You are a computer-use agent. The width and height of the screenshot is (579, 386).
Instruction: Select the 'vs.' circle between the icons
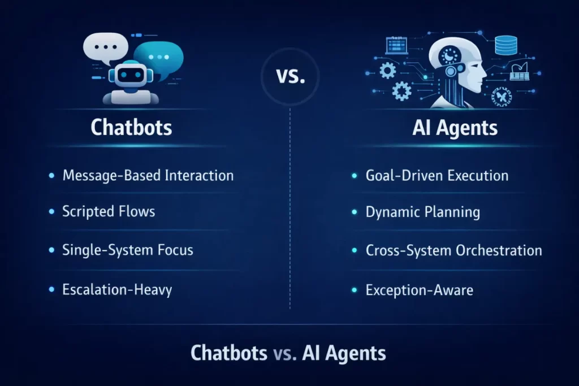point(290,76)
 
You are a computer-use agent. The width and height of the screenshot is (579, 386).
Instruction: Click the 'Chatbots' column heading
point(131,127)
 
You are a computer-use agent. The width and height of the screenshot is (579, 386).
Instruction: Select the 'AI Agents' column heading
point(455,128)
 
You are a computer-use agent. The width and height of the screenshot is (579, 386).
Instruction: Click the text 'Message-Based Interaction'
point(148,175)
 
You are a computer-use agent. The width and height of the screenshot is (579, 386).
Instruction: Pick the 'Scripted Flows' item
point(109,212)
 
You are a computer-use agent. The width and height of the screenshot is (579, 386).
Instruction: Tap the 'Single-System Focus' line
point(127,250)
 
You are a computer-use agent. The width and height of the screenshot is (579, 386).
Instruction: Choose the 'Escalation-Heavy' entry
point(117,290)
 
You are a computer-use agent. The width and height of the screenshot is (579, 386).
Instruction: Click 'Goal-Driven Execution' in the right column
point(437,176)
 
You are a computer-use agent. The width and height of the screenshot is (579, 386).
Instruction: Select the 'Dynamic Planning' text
point(422,212)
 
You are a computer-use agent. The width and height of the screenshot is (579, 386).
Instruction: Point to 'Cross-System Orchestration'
point(453,250)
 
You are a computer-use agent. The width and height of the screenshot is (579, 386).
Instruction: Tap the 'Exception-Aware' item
point(419,290)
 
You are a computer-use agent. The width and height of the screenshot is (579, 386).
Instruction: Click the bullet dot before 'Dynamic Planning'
point(355,212)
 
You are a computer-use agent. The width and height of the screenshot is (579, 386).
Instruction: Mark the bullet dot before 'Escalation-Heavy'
point(51,290)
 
